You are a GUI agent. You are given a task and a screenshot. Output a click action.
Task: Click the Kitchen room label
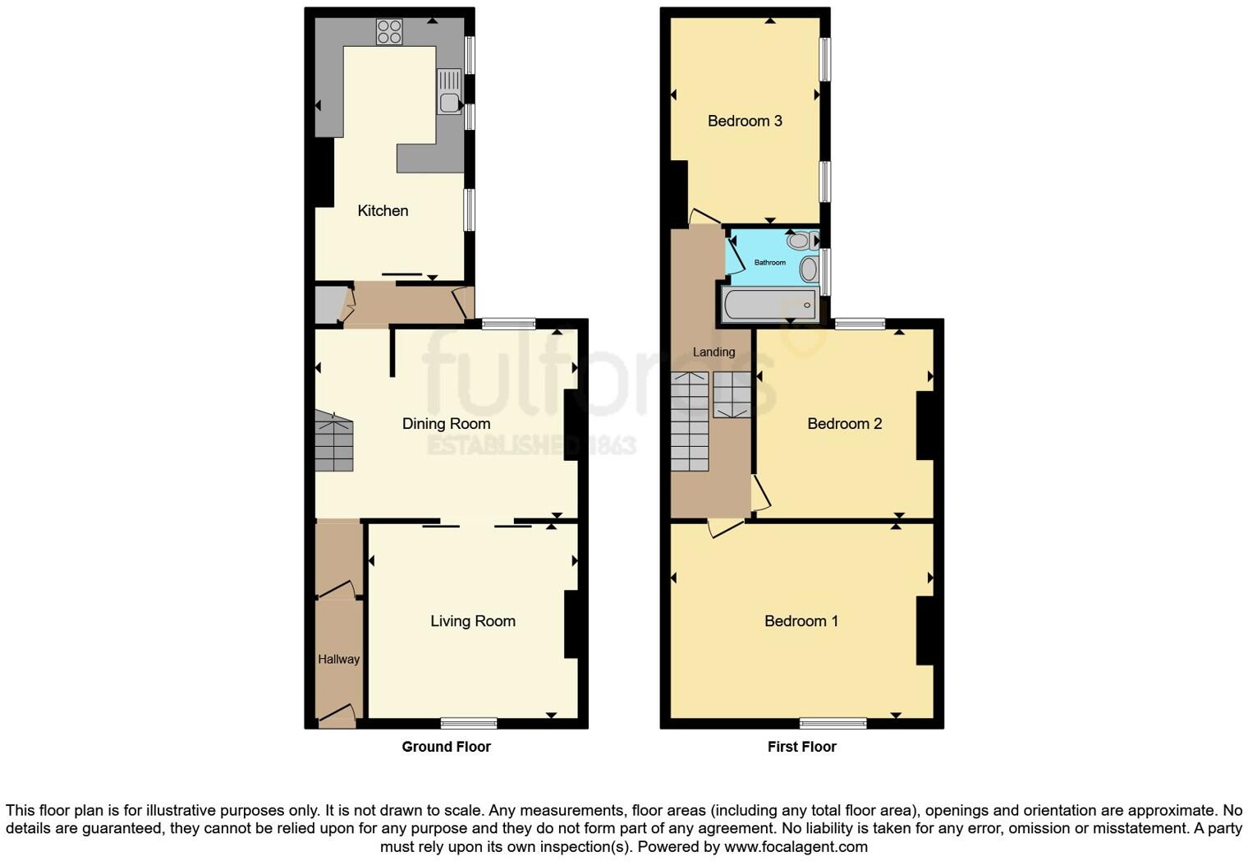click(x=383, y=211)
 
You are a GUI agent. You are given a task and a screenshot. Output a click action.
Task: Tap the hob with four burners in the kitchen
click(x=389, y=32)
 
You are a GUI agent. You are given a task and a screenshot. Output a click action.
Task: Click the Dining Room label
click(x=446, y=424)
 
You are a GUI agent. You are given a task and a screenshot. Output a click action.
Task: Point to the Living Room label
click(x=473, y=621)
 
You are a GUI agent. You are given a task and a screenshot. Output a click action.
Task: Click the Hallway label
click(x=338, y=659)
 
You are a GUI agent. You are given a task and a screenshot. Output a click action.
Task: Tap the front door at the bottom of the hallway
click(x=337, y=716)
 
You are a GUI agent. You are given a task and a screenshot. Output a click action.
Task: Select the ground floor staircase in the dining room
click(x=333, y=442)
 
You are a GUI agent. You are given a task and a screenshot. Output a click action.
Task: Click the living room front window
click(x=469, y=723)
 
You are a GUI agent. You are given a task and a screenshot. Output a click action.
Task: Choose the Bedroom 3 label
click(x=745, y=121)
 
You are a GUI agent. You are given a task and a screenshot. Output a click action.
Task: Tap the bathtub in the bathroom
click(x=769, y=305)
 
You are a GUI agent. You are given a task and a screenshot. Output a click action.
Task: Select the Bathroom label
click(x=770, y=263)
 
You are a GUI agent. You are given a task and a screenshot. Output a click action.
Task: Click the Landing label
click(x=713, y=352)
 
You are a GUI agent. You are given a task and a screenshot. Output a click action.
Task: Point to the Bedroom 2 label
click(x=844, y=424)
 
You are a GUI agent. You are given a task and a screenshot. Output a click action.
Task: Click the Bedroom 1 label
click(x=801, y=621)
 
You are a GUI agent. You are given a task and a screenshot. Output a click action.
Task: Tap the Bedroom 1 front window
click(x=833, y=723)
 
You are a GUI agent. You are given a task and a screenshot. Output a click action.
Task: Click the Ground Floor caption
click(x=446, y=747)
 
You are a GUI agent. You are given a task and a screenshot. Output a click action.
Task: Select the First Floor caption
click(x=801, y=747)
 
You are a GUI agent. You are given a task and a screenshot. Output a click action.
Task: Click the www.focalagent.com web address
click(x=796, y=847)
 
